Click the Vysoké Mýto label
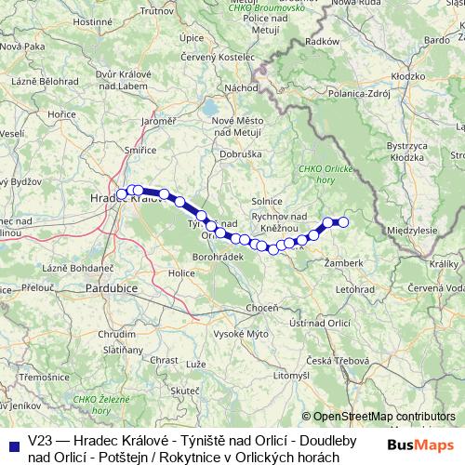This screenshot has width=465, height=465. click(x=241, y=333)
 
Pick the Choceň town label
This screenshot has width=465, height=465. click(x=261, y=307)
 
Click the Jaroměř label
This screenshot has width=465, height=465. click(x=158, y=121)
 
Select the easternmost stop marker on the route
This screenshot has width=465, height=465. click(x=343, y=221)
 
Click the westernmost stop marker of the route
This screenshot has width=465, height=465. click(x=122, y=193)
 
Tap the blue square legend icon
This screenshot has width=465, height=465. click(x=14, y=444)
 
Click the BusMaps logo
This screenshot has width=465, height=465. click(x=420, y=445)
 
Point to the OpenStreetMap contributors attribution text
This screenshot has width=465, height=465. click(x=384, y=417)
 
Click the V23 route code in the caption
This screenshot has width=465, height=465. click(x=40, y=437)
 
